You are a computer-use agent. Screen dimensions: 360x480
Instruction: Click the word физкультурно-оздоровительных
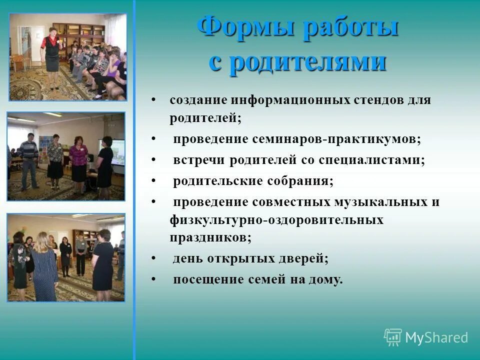pos(276,220)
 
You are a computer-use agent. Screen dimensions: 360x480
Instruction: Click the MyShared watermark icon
pos(393,337)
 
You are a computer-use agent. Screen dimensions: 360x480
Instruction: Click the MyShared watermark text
pos(436,338)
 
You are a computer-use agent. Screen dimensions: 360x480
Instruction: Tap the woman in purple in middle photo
pos(78,162)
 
